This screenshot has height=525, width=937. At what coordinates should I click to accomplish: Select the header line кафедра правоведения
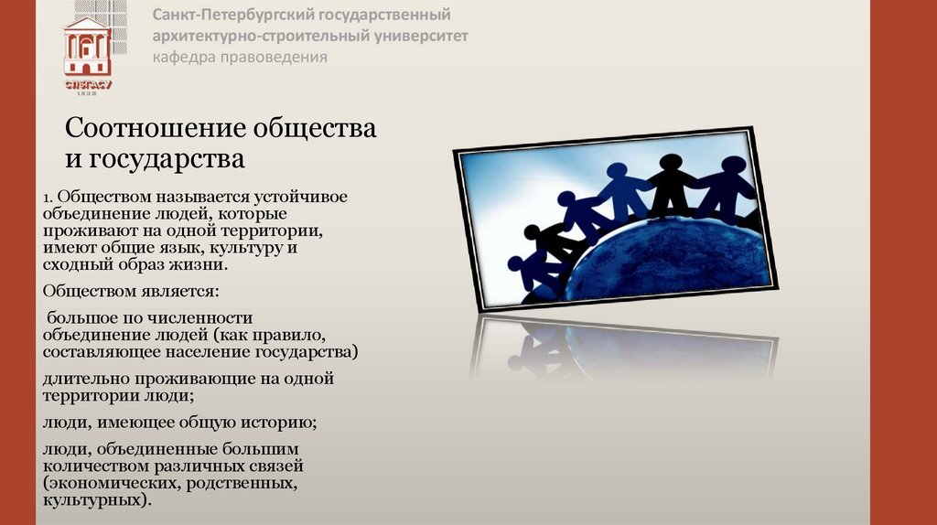click(x=240, y=57)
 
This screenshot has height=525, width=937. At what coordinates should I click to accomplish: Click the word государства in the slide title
click(x=168, y=159)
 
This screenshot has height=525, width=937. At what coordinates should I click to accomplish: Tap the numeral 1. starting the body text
click(x=49, y=197)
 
